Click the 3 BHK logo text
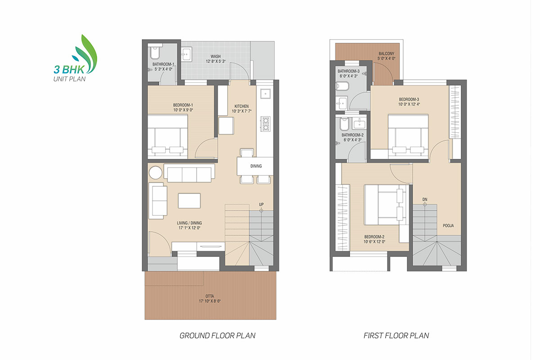[69, 70]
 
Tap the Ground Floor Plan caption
[217, 336]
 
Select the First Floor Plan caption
[396, 336]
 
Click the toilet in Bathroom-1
[155, 52]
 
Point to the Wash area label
[216, 56]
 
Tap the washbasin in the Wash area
[187, 54]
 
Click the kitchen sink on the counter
[265, 94]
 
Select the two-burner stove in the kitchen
[265, 124]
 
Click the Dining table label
[256, 166]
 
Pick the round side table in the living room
[156, 173]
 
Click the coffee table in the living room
[189, 201]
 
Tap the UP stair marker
[261, 204]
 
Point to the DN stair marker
[425, 199]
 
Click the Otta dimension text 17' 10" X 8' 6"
[210, 301]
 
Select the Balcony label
[387, 54]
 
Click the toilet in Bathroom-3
[342, 86]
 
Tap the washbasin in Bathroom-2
[359, 123]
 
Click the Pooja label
[448, 226]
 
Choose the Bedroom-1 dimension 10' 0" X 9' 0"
[183, 110]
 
